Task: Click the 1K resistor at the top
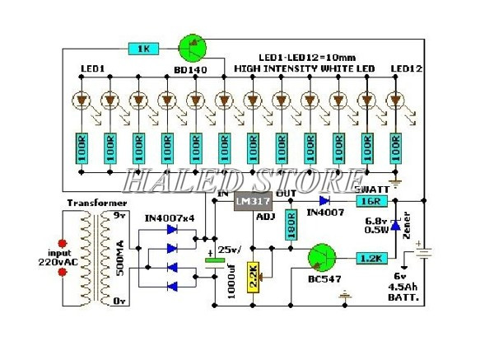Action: (x=143, y=49)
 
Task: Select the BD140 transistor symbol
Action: (x=193, y=49)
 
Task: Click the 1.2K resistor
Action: (x=371, y=259)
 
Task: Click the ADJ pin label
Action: (x=265, y=218)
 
